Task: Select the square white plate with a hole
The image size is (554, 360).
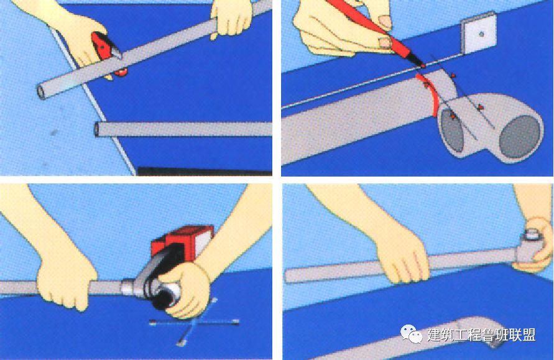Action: coord(479,33)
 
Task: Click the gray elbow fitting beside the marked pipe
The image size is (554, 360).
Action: coord(491,127)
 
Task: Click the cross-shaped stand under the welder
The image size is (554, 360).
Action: coord(193,323)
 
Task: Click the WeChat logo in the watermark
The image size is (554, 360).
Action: coord(411,335)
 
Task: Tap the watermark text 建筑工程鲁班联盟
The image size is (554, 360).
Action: coord(481,335)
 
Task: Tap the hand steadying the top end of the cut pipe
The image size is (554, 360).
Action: coord(231,17)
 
